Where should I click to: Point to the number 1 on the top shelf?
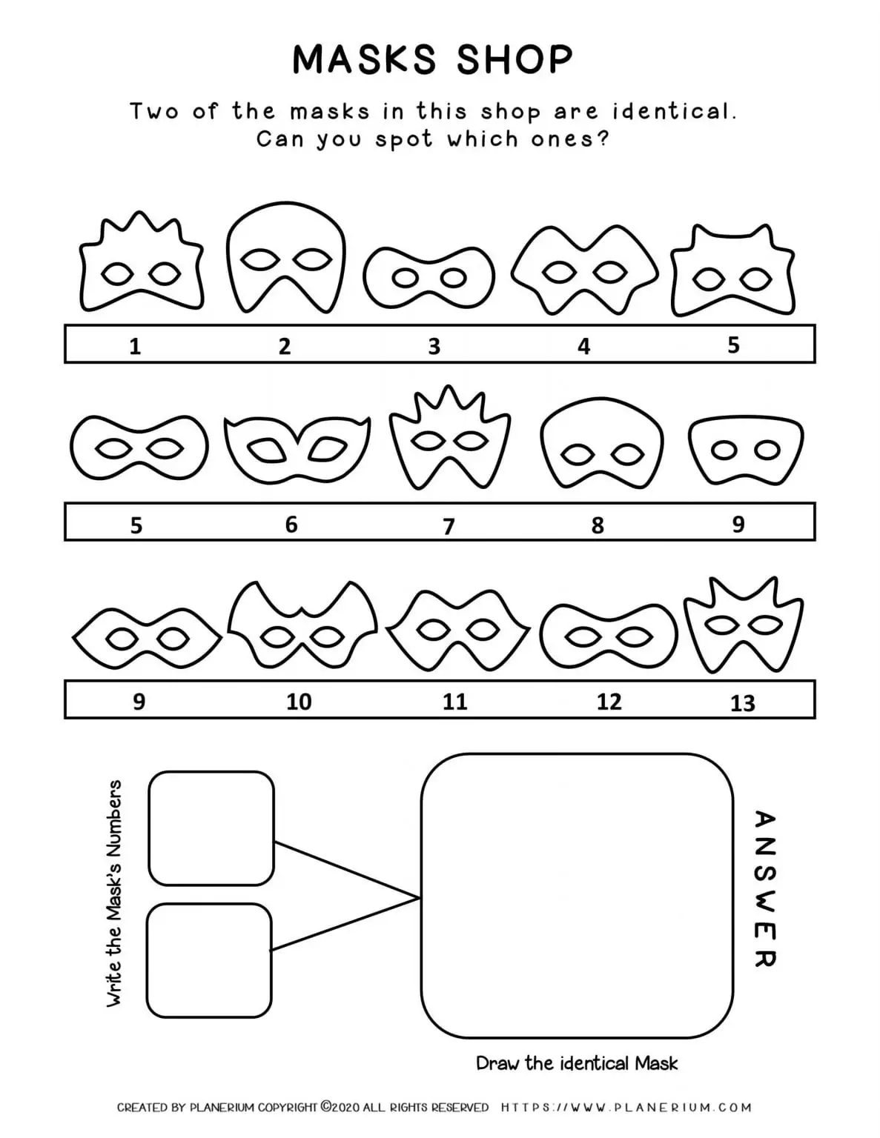pyautogui.click(x=135, y=346)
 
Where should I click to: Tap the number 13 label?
pyautogui.click(x=742, y=702)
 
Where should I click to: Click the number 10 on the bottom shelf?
pyautogui.click(x=299, y=701)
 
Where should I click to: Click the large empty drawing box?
pyautogui.click(x=577, y=895)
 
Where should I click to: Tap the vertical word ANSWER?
pyautogui.click(x=764, y=888)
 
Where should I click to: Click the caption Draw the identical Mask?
pyautogui.click(x=576, y=1063)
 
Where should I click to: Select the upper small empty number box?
pyautogui.click(x=211, y=828)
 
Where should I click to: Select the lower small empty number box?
pyautogui.click(x=210, y=960)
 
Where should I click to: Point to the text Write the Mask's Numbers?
pyautogui.click(x=114, y=893)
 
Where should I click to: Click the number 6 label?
pyautogui.click(x=291, y=525)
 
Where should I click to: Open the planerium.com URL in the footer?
pyautogui.click(x=626, y=1108)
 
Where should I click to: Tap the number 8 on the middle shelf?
pyautogui.click(x=598, y=525)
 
